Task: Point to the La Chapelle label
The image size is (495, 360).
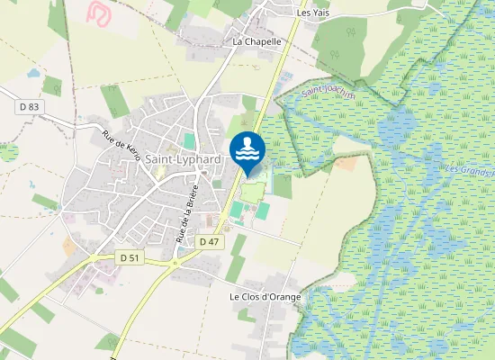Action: click(x=257, y=41)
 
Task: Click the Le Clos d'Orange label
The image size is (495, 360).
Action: click(x=265, y=297)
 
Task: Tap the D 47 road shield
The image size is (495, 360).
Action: click(x=209, y=241)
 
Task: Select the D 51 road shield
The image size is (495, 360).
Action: click(x=130, y=257)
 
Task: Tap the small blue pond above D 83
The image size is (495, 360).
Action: click(x=33, y=74)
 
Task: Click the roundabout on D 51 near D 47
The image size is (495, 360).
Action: click(x=173, y=263)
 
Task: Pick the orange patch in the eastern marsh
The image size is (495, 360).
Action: click(x=346, y=165)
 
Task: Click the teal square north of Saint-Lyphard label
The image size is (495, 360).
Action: click(x=189, y=141)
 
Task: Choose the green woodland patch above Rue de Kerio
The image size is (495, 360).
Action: click(x=114, y=101)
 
